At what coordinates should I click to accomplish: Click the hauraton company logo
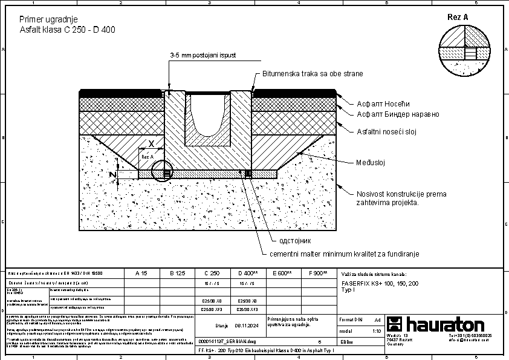pos(435,325)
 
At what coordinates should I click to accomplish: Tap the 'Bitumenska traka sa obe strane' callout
pos(313,74)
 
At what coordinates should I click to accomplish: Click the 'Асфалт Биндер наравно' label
pos(397,114)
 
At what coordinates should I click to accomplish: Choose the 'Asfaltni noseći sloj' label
pos(387,131)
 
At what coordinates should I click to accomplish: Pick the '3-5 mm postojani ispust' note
pos(203,56)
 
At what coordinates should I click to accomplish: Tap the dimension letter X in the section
pos(151,144)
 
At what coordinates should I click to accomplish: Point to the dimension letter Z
pos(112,174)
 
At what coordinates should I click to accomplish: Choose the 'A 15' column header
pos(141,273)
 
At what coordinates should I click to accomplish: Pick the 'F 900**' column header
pos(317,273)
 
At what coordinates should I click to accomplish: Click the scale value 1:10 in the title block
pos(377,331)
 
